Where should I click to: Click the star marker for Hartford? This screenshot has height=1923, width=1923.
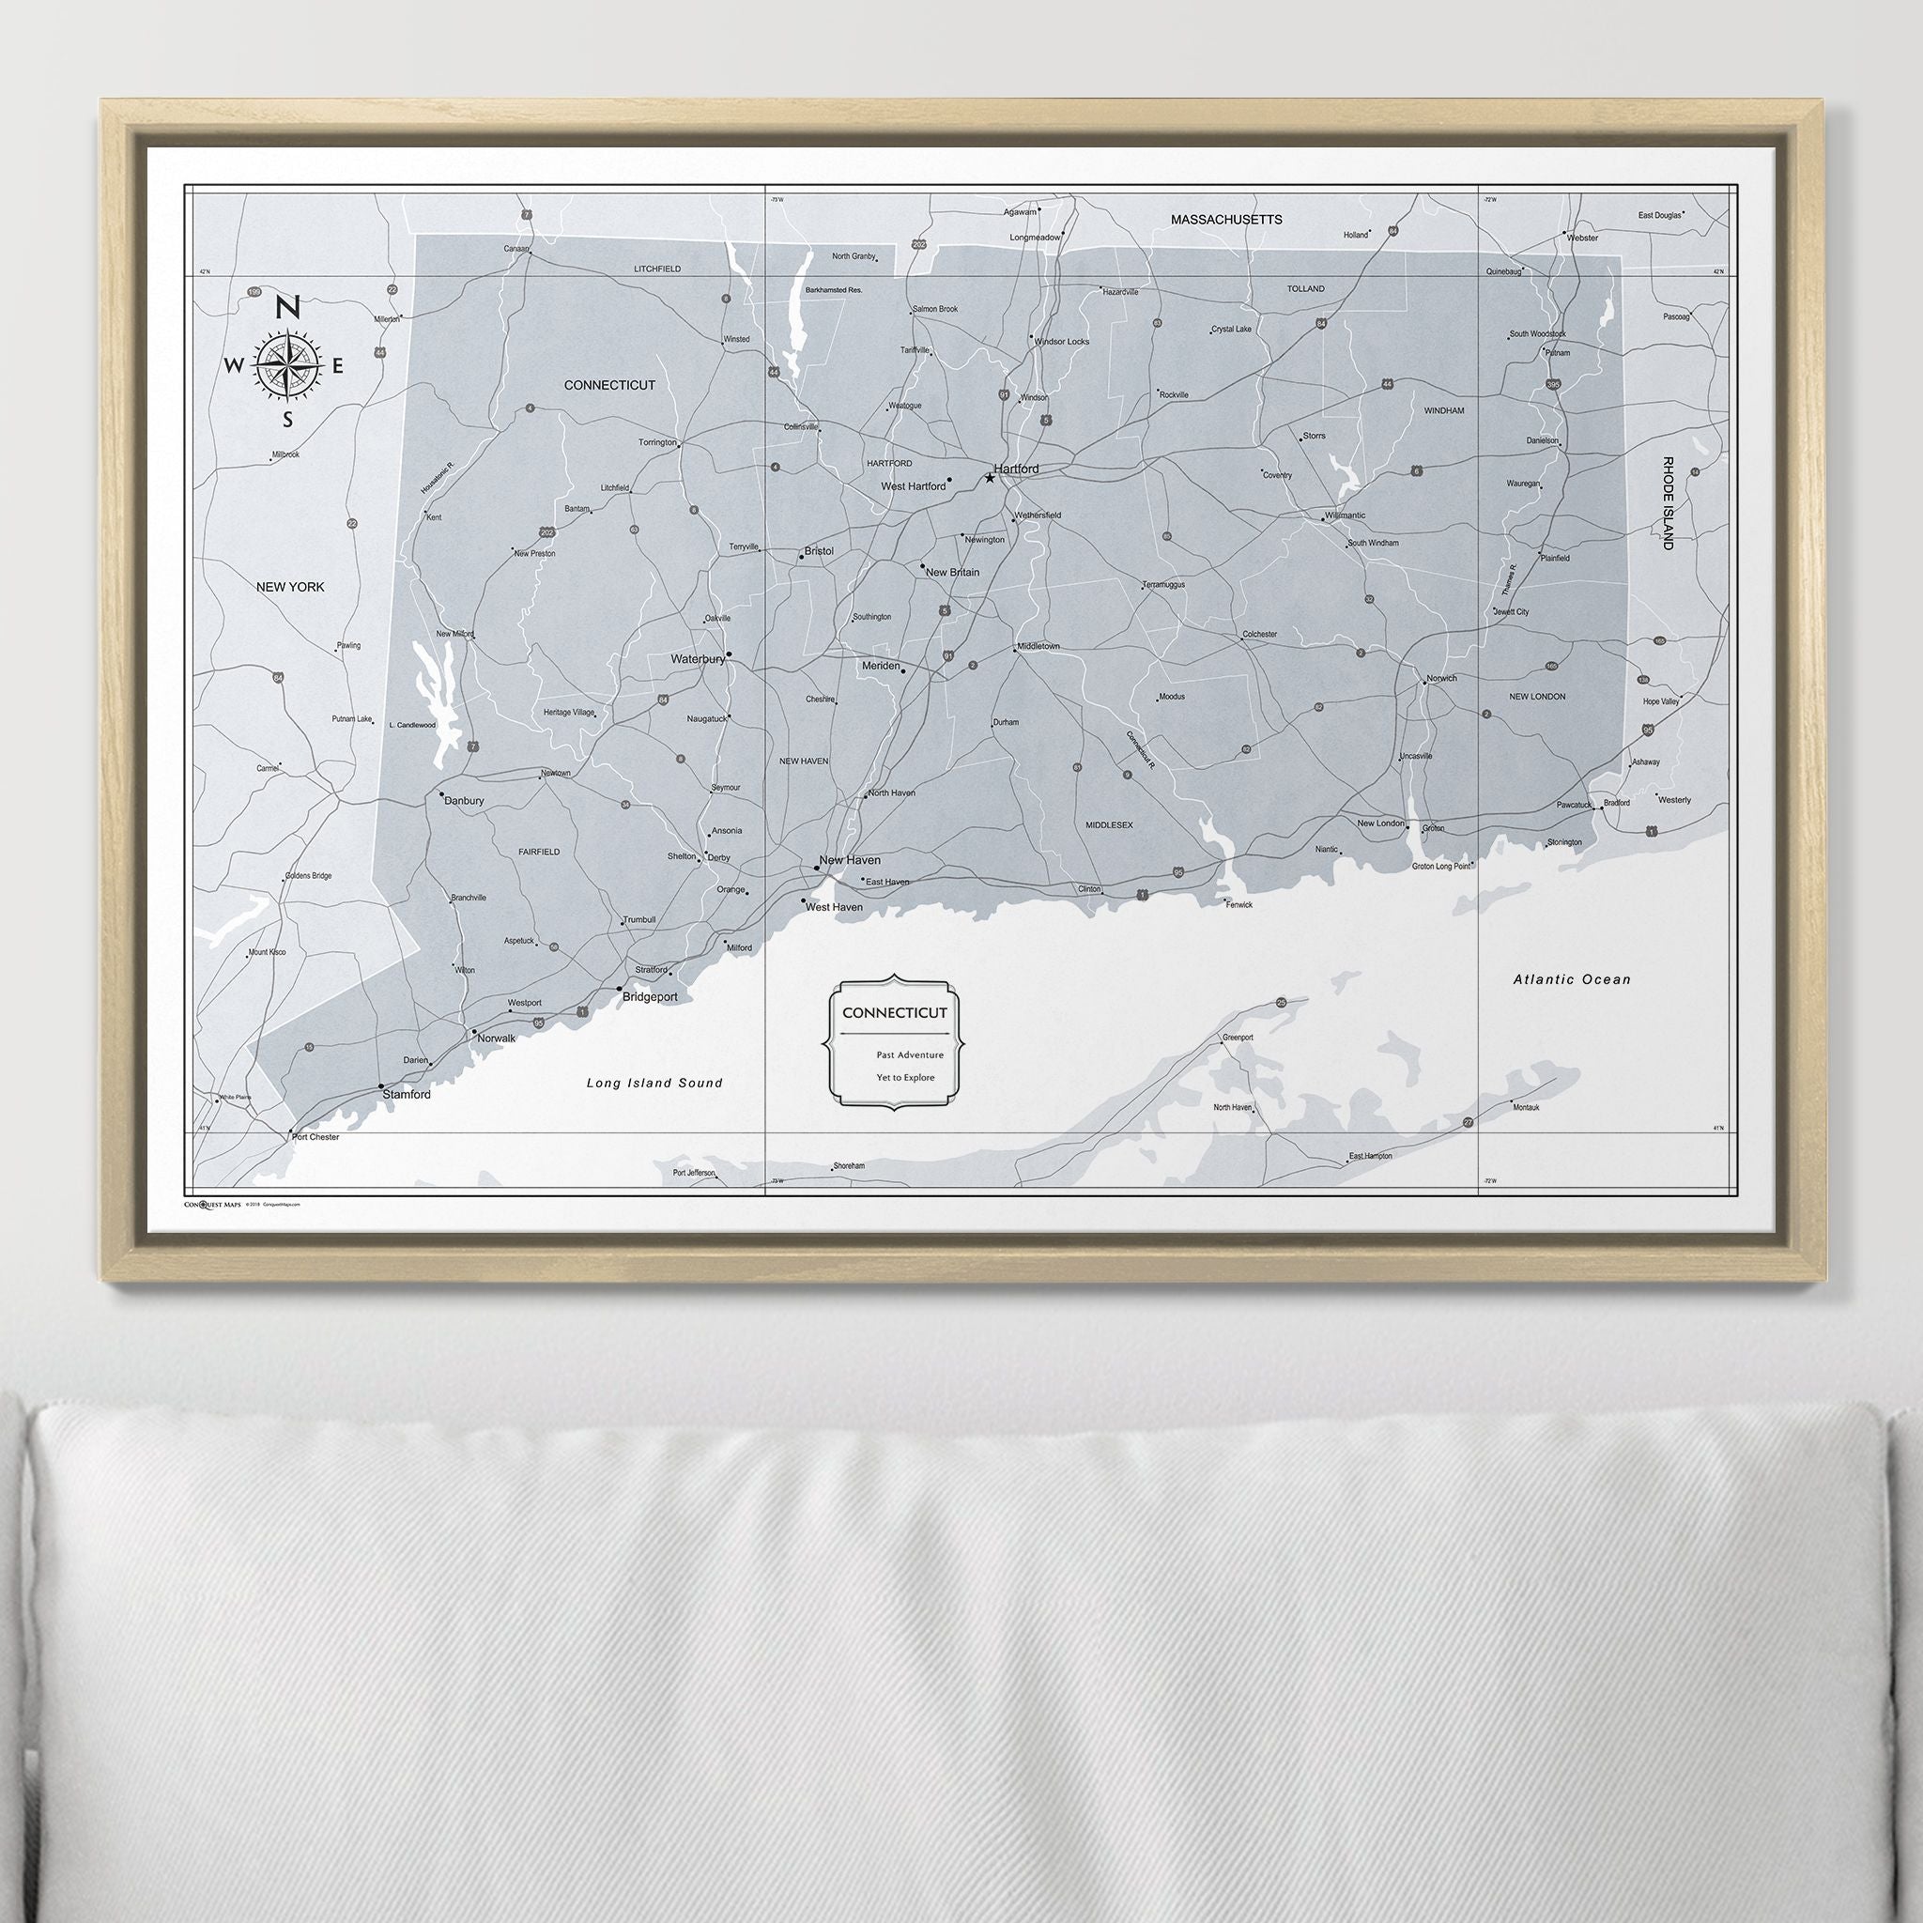[990, 478]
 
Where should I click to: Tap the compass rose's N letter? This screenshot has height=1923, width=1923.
[287, 308]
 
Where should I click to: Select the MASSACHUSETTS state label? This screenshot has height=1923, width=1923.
[1226, 219]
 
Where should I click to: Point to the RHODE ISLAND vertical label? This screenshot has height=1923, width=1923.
[1668, 502]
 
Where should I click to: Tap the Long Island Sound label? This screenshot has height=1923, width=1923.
[654, 1083]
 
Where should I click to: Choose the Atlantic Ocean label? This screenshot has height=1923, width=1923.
[1572, 979]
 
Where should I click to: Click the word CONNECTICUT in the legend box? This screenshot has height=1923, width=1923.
[895, 1012]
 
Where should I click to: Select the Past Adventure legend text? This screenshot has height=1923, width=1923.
[910, 1054]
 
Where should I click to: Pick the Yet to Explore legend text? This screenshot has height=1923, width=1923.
[906, 1077]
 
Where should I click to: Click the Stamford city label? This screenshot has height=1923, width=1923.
[408, 1095]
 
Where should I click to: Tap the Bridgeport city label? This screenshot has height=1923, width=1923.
[650, 996]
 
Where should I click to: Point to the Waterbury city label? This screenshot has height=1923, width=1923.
[698, 659]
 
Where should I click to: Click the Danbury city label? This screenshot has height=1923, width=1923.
[464, 800]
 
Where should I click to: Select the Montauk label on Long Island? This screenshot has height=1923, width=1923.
[1526, 1107]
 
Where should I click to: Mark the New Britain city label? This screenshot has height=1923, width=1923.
[952, 573]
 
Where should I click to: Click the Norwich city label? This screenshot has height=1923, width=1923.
[1441, 679]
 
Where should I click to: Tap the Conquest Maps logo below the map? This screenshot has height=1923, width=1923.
[213, 1205]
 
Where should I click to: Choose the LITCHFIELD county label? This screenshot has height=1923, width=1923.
[657, 269]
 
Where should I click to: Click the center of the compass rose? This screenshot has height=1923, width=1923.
[287, 365]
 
